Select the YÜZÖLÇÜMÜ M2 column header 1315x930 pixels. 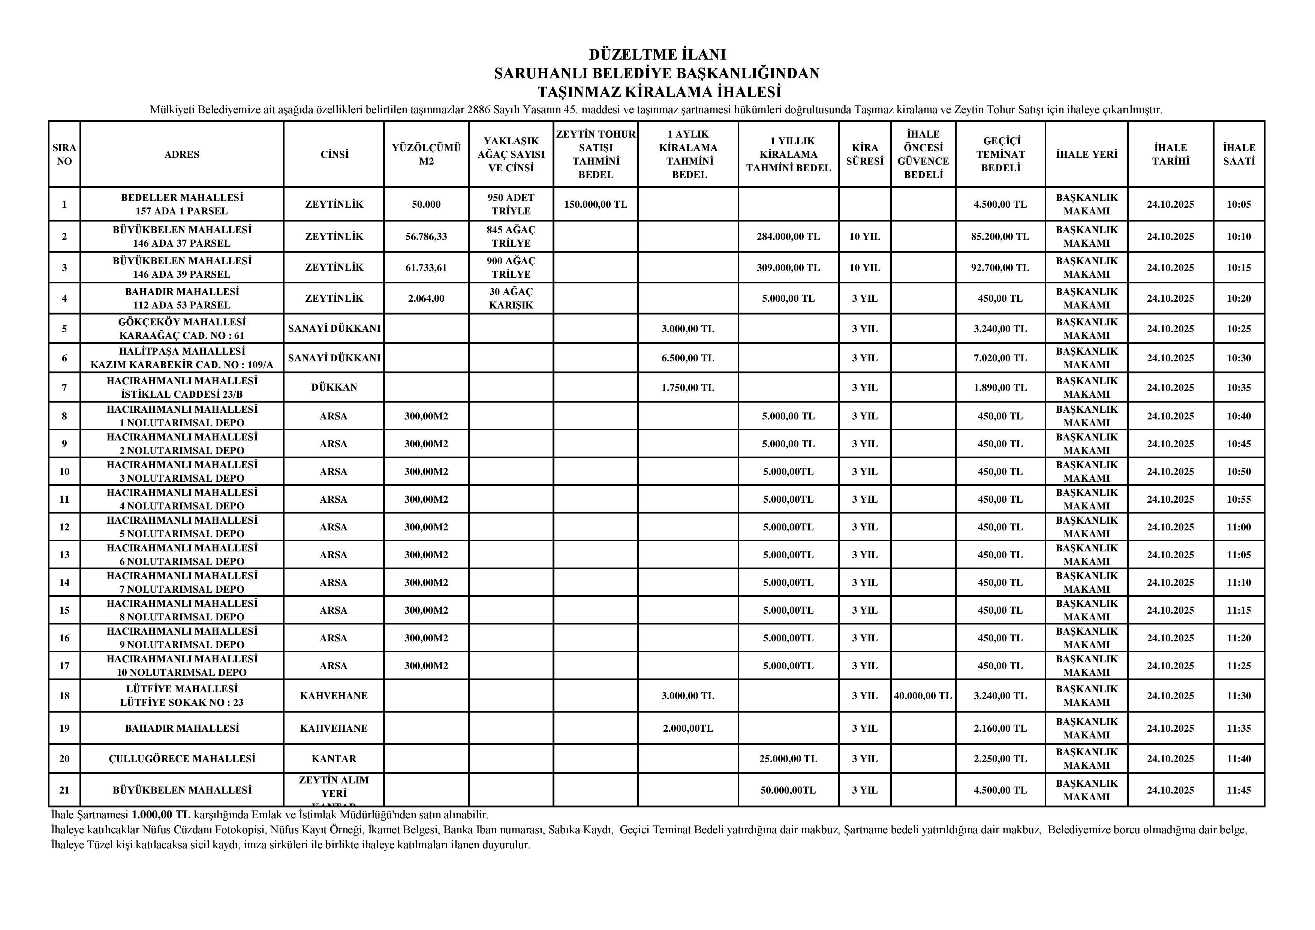(x=426, y=154)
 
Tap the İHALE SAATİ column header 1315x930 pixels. (x=1239, y=154)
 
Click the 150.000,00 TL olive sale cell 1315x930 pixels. (x=596, y=204)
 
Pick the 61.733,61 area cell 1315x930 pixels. (x=426, y=267)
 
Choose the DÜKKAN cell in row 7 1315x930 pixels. (x=334, y=388)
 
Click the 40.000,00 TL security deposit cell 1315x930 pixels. (x=923, y=696)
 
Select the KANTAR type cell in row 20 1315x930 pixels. (x=334, y=759)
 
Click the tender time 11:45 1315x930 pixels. (x=1239, y=790)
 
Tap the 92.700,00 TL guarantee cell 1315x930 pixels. (x=1000, y=267)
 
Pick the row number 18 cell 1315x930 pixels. (x=64, y=696)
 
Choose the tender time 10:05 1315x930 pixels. (x=1239, y=204)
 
